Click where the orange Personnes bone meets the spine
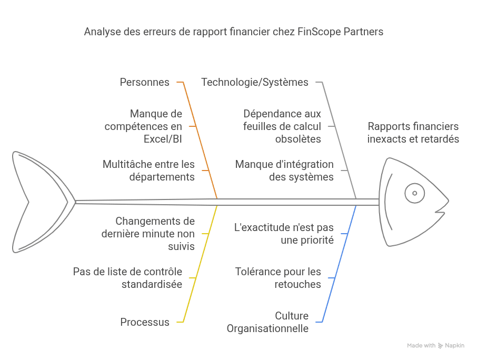coord(217,199)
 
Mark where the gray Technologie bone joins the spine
coord(356,199)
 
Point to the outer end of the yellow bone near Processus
coord(177,322)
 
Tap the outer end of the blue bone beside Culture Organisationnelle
coord(316,322)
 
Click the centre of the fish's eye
coord(415,193)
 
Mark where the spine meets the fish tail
coord(75,202)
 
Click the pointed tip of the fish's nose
coord(449,201)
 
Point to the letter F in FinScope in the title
coord(300,32)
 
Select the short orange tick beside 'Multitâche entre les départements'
coord(205,171)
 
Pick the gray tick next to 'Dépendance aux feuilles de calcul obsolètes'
coord(332,126)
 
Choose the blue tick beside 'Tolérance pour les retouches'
coord(332,278)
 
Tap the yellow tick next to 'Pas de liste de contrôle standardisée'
coord(193,278)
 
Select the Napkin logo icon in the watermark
coord(441,346)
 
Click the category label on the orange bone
coord(144,82)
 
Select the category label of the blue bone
coord(267,322)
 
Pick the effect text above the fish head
coord(413,133)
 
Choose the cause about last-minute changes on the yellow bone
coord(148,234)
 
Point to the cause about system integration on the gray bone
coord(284,171)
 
